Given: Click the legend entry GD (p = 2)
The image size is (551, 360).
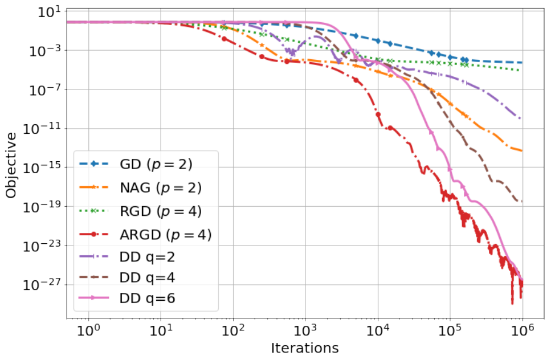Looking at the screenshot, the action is (136, 164).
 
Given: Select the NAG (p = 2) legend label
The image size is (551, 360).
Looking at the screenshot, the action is (140, 187).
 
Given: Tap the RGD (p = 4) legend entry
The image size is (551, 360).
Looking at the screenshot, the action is (140, 211).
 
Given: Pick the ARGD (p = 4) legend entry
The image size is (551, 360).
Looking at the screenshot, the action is (145, 235).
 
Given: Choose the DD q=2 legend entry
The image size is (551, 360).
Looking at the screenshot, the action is (127, 257).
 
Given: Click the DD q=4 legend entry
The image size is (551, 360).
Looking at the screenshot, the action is (127, 277).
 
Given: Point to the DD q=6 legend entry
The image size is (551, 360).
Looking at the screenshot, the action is (127, 298).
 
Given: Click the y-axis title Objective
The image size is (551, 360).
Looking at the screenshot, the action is (11, 165).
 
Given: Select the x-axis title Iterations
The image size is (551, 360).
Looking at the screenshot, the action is (305, 348).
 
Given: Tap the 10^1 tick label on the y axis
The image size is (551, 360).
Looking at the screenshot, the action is (48, 12).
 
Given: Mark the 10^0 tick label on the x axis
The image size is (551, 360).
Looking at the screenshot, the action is (88, 330).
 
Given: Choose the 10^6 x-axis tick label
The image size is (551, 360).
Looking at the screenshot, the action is (523, 330).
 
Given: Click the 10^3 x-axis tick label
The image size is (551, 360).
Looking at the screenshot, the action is (305, 330).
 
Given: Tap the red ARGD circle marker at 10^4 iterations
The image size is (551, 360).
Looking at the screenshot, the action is (378, 114).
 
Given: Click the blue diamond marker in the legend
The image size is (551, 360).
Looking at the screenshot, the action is (94, 164).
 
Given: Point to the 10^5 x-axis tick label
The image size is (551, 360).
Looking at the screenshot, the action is (450, 330).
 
